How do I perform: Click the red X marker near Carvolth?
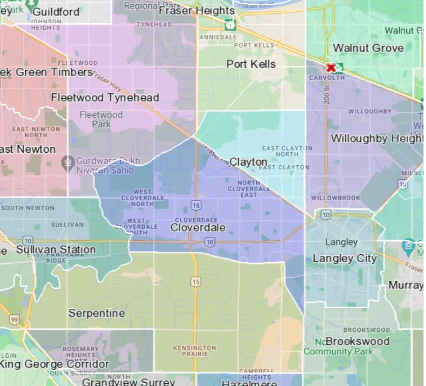(x=331, y=68)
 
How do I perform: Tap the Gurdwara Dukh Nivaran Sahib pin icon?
(x=68, y=162)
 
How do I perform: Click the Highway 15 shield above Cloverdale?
(x=196, y=205)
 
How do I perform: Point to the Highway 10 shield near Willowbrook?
(x=326, y=215)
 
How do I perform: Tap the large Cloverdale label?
(x=198, y=228)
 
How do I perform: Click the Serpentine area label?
(x=96, y=313)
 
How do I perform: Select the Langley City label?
(x=345, y=258)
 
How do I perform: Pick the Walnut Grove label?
(x=368, y=48)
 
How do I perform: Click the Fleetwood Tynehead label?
(x=105, y=98)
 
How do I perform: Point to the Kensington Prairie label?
(x=195, y=352)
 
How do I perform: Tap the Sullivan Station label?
(x=56, y=250)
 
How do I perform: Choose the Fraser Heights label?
(x=197, y=11)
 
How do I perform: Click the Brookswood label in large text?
(x=357, y=342)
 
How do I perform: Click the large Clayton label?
(x=249, y=162)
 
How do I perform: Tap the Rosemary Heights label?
(x=80, y=352)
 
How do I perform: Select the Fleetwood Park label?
(x=101, y=120)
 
